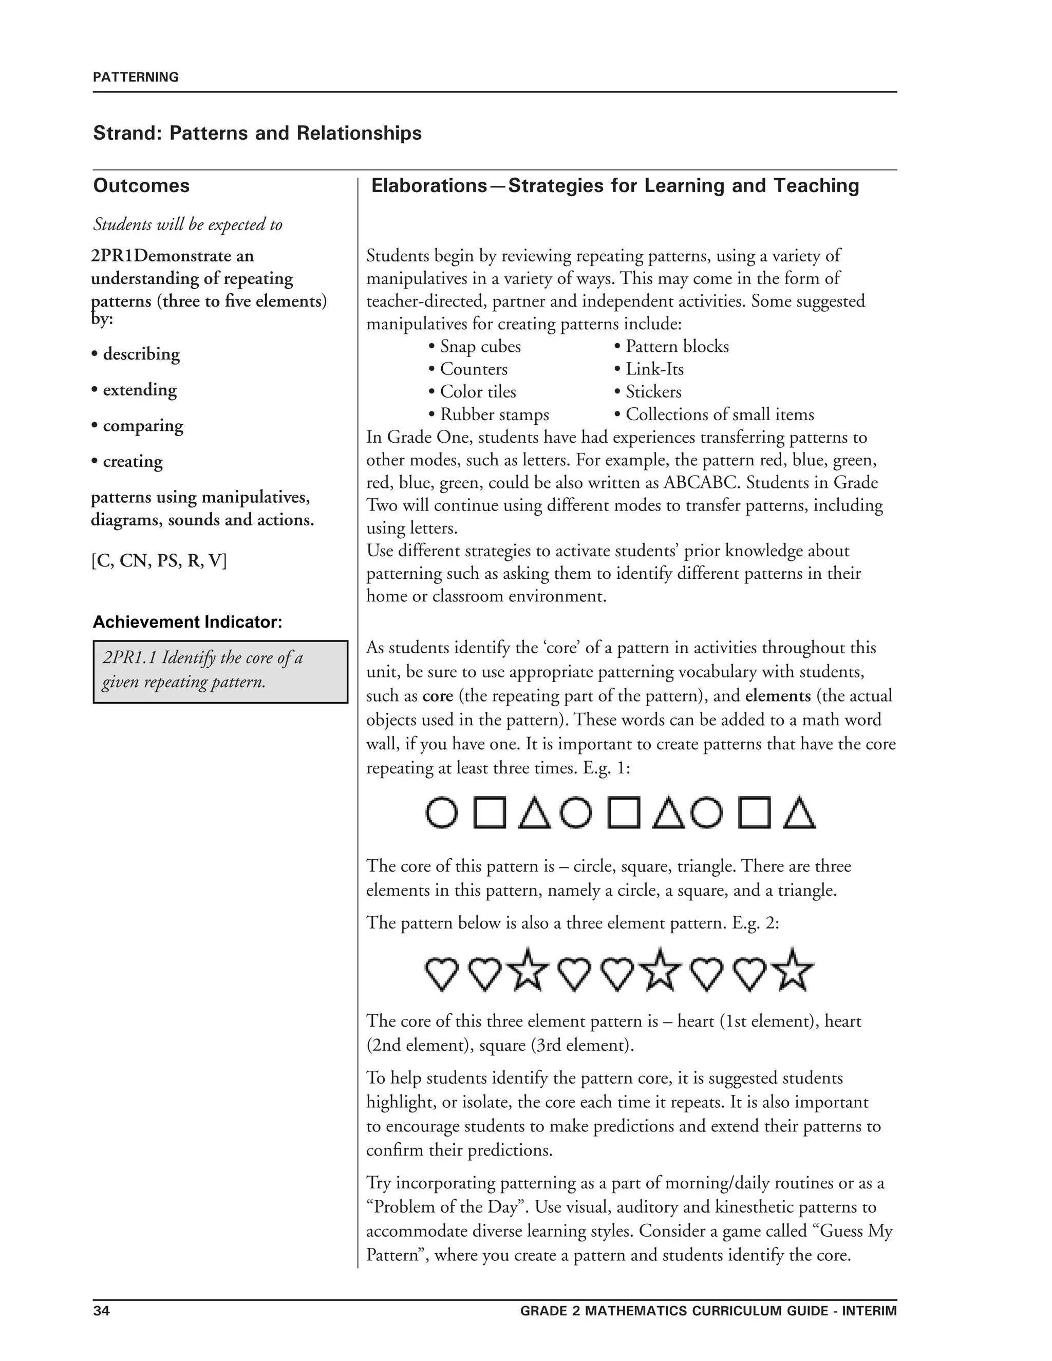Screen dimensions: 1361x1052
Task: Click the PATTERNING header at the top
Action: pos(135,77)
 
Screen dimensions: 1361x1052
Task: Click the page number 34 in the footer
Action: pos(101,1311)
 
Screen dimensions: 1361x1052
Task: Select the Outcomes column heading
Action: pos(141,186)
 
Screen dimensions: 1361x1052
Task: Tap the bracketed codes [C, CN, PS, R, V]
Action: pos(159,561)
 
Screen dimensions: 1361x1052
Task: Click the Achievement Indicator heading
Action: pos(187,622)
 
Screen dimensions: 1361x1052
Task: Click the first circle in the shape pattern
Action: pos(442,812)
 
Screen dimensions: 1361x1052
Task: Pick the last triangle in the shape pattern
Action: pos(799,812)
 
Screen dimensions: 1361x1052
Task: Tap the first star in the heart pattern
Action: pos(528,970)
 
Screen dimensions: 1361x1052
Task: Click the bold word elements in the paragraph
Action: pos(778,695)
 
